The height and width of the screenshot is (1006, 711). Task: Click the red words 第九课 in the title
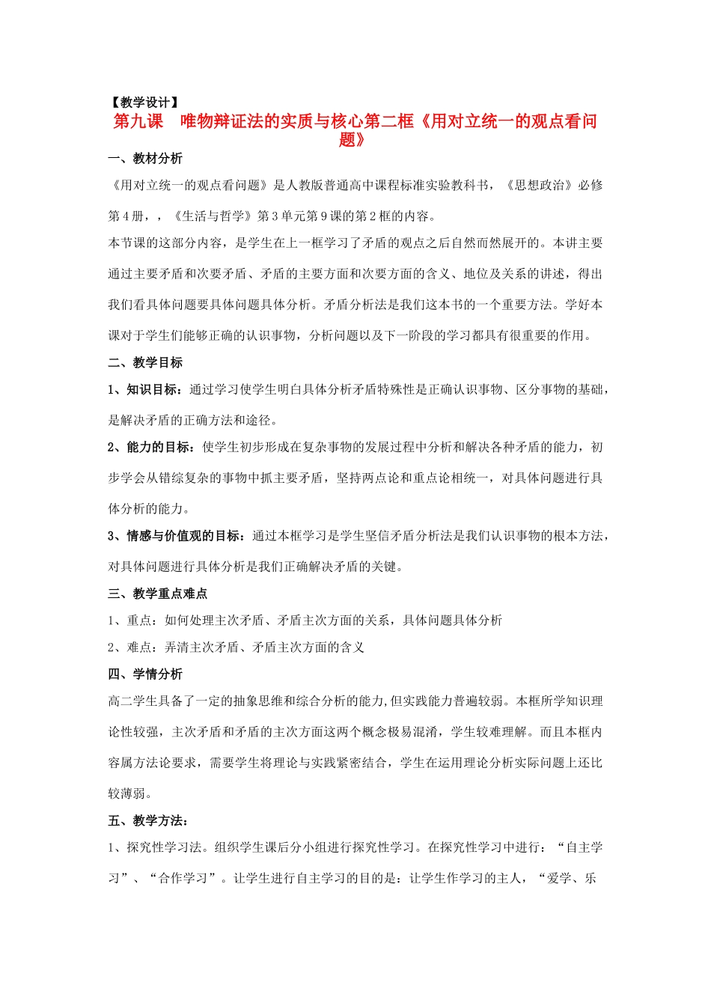tap(138, 121)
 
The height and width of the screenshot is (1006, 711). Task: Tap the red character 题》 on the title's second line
tap(352, 140)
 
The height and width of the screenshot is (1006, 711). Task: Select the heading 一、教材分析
tap(145, 159)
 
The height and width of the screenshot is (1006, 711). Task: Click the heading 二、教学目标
tap(145, 362)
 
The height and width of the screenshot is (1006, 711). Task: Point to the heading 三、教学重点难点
tap(157, 594)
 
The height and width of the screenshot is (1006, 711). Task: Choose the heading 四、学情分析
tap(145, 674)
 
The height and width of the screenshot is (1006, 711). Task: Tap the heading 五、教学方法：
tap(148, 821)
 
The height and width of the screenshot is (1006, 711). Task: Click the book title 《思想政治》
tap(540, 186)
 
